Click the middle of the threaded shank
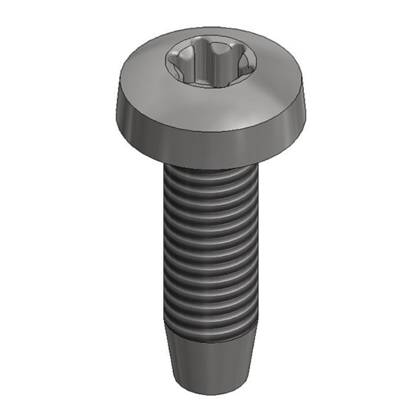[x=210, y=246]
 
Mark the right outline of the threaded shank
[x=258, y=246]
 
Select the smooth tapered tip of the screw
[x=210, y=361]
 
